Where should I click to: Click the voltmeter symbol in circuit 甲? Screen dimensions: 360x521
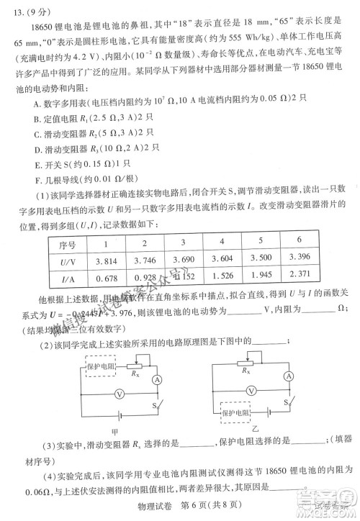(120, 393)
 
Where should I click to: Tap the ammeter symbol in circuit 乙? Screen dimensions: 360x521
(289, 377)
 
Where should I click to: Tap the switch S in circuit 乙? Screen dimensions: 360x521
(287, 405)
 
